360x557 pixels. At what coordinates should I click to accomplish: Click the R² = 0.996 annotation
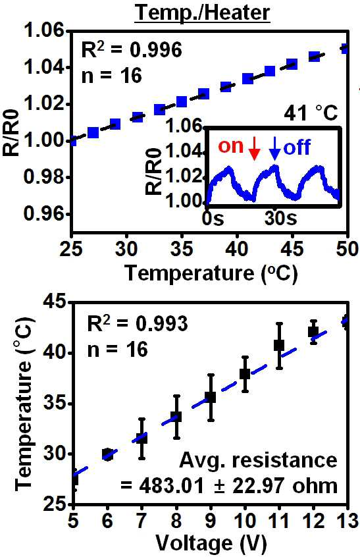pos(132,50)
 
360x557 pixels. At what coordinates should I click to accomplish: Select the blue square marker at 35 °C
pos(182,102)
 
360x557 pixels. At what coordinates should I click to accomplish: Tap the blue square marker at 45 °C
pos(292,65)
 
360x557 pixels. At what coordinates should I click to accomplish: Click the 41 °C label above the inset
pos(311,113)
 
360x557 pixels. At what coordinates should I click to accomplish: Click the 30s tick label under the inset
pos(280,219)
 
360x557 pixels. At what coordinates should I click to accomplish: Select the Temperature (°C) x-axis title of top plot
pos(211,273)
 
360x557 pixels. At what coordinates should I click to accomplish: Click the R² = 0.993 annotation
pos(138,324)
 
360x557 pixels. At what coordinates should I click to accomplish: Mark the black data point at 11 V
pos(280,345)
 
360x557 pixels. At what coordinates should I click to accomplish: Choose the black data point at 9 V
pos(211,397)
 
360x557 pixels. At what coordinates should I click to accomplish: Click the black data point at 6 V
pos(107,454)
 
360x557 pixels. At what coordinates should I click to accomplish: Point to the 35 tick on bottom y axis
pos(55,404)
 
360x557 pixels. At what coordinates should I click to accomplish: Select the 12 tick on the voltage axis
pos(313,521)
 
